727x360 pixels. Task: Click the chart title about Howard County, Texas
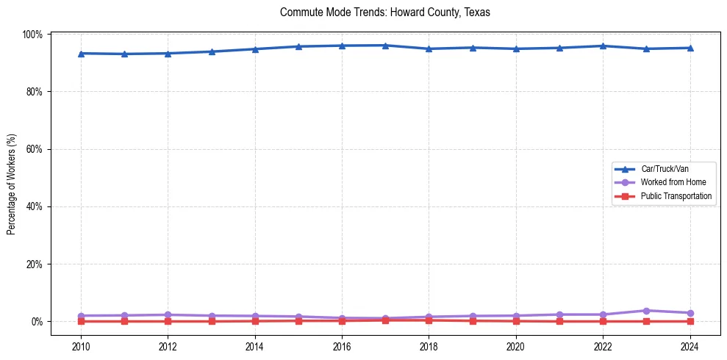[x=384, y=12]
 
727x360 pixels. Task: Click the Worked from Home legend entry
[x=673, y=182]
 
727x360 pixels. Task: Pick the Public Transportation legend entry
[x=676, y=196]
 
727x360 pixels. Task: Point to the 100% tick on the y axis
[x=35, y=35]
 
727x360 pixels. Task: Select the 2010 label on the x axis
[x=81, y=347]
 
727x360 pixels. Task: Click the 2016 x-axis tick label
[x=342, y=347]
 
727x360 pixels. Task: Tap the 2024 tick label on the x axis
[x=690, y=347]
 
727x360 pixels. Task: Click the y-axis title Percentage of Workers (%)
[x=12, y=184]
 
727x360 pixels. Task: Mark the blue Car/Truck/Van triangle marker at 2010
[x=81, y=54]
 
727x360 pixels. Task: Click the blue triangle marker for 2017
[x=385, y=46]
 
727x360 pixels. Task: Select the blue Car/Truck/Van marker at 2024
[x=690, y=48]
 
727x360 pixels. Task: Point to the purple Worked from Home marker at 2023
[x=646, y=311]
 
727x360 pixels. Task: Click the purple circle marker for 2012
[x=168, y=315]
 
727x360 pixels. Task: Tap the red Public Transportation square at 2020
[x=516, y=321]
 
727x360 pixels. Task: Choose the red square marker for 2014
[x=255, y=321]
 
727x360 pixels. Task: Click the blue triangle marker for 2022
[x=603, y=46]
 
